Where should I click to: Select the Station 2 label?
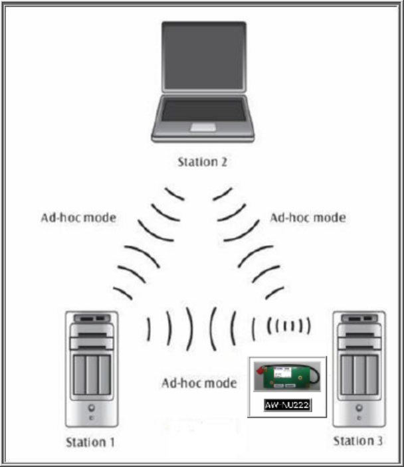click(202, 161)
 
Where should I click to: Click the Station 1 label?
click(92, 442)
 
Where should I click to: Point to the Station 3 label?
click(359, 441)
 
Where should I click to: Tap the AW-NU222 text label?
click(288, 405)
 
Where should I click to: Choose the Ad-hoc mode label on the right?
click(307, 218)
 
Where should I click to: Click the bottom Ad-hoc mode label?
click(199, 383)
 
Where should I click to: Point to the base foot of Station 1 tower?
click(92, 423)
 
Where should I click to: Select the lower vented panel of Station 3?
click(359, 375)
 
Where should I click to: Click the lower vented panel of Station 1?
click(92, 375)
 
